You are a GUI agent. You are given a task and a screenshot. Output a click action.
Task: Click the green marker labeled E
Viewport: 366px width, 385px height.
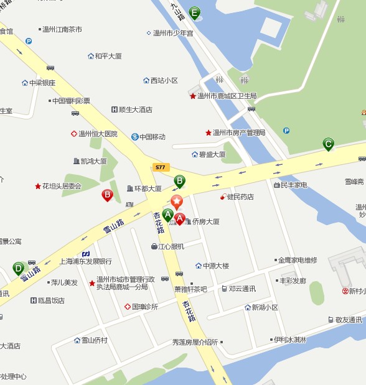pos(195,12)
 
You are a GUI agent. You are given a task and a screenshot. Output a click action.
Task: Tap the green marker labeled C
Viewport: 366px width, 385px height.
pos(328,144)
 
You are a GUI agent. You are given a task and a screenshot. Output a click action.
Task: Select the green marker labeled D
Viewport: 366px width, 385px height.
pos(19,269)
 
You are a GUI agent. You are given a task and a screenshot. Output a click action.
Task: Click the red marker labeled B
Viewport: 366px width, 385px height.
pos(107,195)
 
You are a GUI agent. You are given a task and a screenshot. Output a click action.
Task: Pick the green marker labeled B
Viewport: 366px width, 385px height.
pos(179,181)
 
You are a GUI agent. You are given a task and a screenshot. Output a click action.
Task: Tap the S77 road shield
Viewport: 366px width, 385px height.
pos(161,167)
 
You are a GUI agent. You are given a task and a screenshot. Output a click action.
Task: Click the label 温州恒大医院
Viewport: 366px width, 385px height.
pos(98,134)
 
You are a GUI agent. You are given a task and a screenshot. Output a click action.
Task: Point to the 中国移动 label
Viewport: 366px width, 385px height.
pos(152,137)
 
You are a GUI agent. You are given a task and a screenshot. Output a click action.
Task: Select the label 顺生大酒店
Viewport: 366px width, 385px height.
pos(136,109)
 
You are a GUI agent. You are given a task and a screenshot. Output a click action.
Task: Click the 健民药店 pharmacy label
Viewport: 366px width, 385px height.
pos(240,197)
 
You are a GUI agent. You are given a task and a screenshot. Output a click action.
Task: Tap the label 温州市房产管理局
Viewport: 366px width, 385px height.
pos(239,132)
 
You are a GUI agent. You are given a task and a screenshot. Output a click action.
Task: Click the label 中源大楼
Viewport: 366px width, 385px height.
pos(216,266)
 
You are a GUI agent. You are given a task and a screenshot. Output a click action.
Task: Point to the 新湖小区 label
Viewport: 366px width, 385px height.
pos(265,307)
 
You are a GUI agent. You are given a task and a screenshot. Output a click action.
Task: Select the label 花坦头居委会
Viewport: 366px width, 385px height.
pos(62,186)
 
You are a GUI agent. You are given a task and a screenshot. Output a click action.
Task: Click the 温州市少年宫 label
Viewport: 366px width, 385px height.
pos(173,32)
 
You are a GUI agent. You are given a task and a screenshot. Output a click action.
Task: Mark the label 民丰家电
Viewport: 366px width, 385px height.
pos(293,185)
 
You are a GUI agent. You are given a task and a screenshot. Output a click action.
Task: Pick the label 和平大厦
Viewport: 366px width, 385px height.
pos(108,56)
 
